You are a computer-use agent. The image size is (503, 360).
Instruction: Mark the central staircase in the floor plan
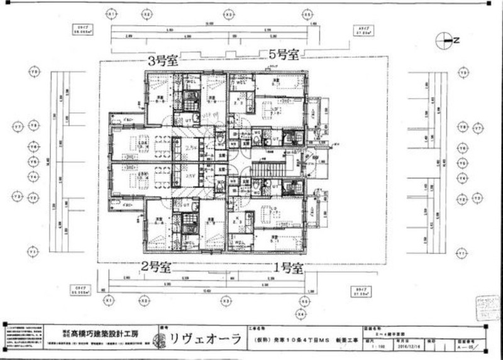click(268, 168)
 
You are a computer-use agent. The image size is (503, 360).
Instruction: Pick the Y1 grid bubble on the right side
click(463, 253)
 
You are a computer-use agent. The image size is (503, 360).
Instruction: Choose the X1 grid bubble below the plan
click(110, 301)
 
